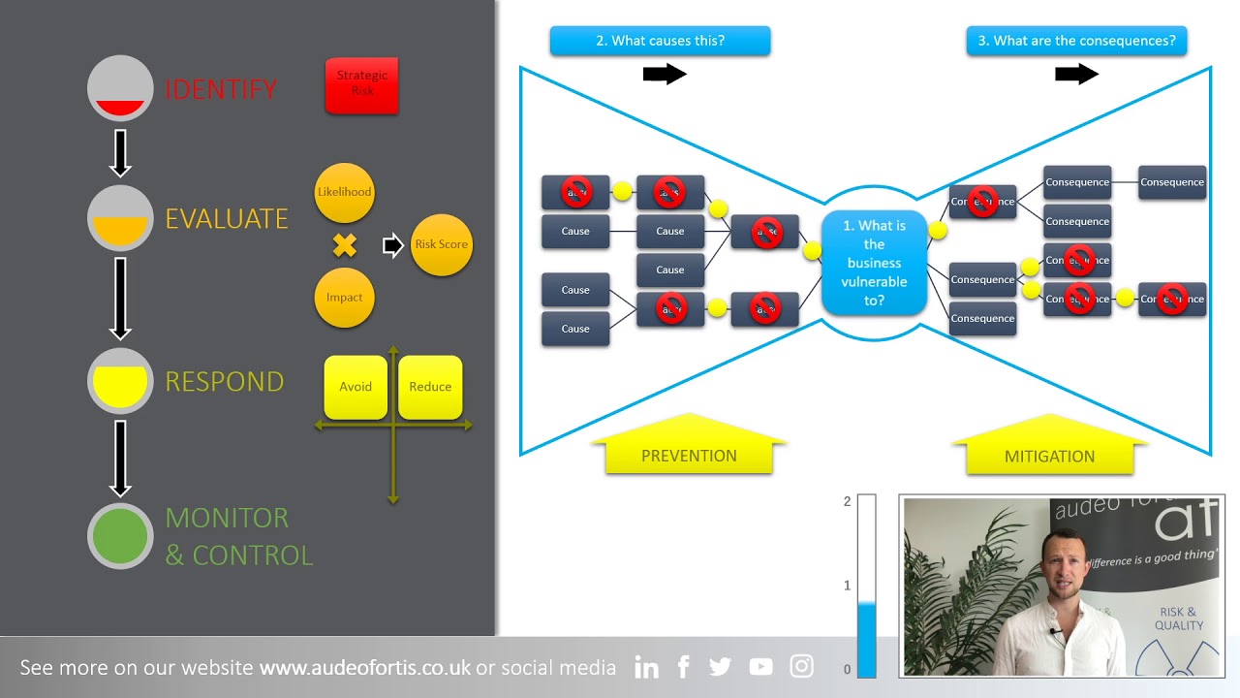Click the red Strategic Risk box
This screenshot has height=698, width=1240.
point(361,85)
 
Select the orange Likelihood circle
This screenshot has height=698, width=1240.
point(344,192)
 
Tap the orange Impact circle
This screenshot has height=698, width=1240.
point(344,298)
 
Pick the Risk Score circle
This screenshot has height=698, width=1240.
point(441,244)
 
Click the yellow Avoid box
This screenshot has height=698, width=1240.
point(356,387)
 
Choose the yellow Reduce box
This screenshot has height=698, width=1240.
point(430,387)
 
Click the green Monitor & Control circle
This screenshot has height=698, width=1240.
point(120,536)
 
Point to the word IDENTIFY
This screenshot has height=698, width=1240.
point(221,89)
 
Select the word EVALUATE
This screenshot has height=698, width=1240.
point(227,219)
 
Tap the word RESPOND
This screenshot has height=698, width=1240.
point(225,382)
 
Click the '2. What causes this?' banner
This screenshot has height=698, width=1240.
point(660,41)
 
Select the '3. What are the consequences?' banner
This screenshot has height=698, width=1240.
point(1076,41)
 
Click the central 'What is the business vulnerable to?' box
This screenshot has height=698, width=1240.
point(874,263)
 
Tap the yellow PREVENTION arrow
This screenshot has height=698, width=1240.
point(689,448)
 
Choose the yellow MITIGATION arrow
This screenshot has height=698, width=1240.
point(1049,449)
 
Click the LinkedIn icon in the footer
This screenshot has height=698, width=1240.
point(646,667)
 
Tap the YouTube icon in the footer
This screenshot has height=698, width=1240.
point(760,667)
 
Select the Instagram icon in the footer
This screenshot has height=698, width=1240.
point(801,666)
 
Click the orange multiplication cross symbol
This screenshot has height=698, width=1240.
point(344,245)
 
